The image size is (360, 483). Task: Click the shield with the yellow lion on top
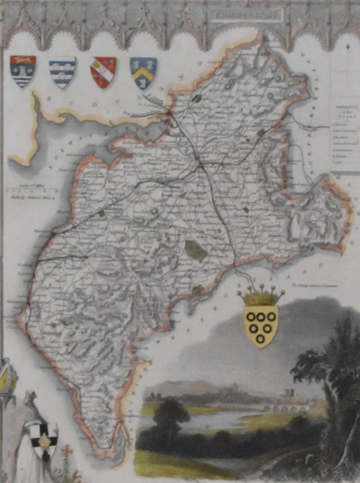coord(23,71)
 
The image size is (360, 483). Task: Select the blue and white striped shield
coord(62,72)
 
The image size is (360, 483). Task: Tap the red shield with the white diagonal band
coord(103,72)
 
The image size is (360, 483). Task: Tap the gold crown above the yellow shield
coord(261,296)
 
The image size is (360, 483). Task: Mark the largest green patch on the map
coord(196,250)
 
